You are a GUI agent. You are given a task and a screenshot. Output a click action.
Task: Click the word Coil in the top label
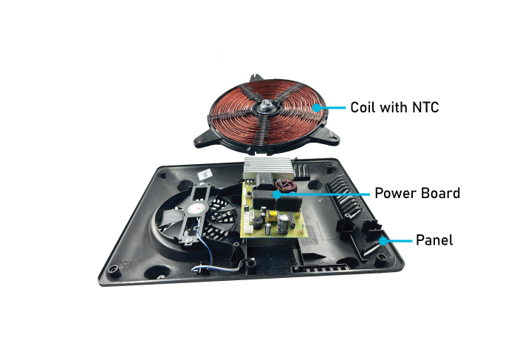tap(362, 107)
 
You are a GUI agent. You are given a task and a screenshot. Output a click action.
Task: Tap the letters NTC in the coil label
tap(425, 107)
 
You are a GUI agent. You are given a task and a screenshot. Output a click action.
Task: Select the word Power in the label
tap(395, 193)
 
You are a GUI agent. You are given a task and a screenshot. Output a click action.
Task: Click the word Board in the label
tap(441, 193)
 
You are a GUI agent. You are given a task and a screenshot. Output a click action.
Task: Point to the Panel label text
tap(434, 240)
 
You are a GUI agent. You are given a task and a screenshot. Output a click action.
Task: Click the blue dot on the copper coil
tap(316, 108)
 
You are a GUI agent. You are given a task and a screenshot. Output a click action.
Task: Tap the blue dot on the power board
tap(278, 194)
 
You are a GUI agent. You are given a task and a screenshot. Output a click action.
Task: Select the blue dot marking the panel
tap(383, 241)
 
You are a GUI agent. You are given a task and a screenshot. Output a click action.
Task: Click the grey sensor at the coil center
tap(265, 106)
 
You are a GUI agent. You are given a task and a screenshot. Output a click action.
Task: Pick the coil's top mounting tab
tap(256, 78)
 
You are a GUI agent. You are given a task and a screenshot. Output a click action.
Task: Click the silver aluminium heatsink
tap(268, 168)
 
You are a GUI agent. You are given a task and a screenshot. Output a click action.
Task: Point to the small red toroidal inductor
tap(286, 186)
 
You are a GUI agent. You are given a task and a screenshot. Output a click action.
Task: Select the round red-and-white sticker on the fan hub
tap(198, 208)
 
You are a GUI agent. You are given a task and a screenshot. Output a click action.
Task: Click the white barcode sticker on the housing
tap(205, 174)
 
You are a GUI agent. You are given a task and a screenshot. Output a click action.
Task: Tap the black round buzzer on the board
tap(257, 223)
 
